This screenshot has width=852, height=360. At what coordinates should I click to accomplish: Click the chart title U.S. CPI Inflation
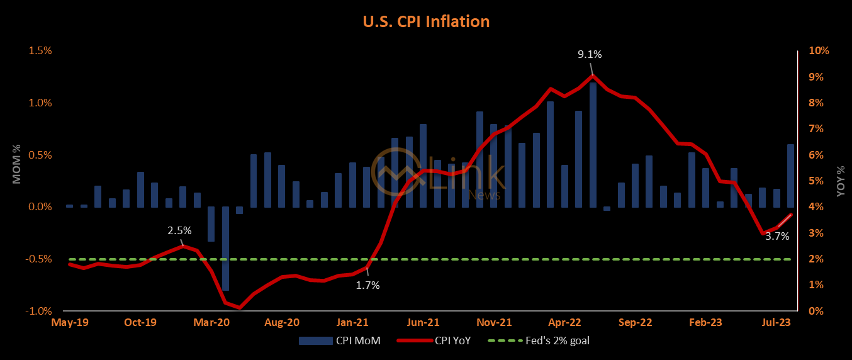click(x=426, y=21)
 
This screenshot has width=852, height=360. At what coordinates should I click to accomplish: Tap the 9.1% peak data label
click(x=590, y=54)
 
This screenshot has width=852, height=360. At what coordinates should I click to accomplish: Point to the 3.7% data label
click(x=776, y=237)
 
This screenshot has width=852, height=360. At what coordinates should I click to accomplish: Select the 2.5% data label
click(x=179, y=230)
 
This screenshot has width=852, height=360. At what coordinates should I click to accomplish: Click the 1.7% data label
click(x=367, y=285)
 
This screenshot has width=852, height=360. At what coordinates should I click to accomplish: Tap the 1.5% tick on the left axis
click(x=40, y=51)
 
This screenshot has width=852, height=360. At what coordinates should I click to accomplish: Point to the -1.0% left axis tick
click(x=38, y=311)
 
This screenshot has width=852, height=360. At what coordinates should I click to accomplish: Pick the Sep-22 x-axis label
click(x=635, y=322)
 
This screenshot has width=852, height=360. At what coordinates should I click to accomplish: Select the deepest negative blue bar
click(x=225, y=248)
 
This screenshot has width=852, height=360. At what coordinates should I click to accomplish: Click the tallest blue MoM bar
click(x=593, y=145)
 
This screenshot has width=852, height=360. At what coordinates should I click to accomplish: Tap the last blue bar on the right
click(x=790, y=176)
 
